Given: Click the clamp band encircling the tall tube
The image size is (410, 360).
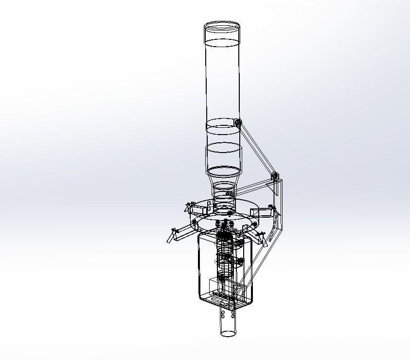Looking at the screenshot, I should [221, 128].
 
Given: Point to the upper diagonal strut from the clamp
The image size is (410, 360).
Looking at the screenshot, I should [256, 149].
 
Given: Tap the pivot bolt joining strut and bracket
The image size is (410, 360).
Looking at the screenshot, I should [274, 175].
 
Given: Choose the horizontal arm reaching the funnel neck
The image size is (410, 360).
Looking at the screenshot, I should [253, 186].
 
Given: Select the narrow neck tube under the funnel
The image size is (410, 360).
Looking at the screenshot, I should [224, 194].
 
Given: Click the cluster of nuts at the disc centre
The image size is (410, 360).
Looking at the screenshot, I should [225, 224].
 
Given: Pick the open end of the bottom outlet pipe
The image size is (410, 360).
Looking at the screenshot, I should [227, 333].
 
